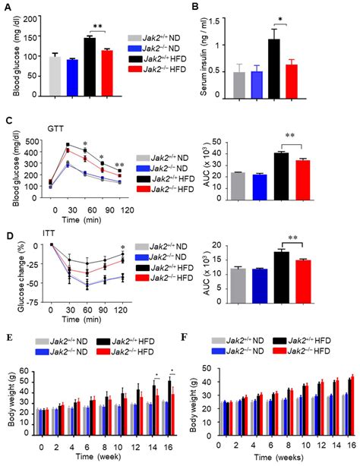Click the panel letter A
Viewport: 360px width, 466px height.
8,8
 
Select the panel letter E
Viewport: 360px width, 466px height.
7,353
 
